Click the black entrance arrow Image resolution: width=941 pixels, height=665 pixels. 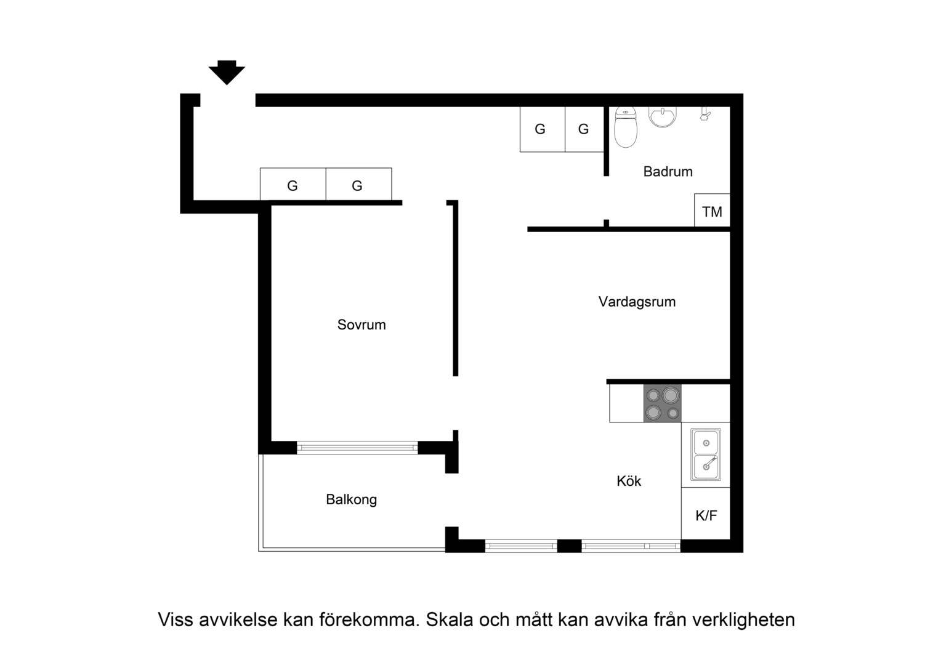pos(227,72)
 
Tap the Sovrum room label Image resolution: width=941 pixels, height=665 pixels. pos(361,324)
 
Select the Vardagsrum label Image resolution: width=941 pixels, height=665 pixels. pos(637,302)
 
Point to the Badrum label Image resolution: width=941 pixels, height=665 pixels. pos(668,171)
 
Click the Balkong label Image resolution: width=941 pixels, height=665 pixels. pos(351,499)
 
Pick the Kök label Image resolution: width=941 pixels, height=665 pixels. pos(629,480)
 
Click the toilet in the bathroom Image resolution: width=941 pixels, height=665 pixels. pos(626,127)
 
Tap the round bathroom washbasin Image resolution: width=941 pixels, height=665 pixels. pos(663,117)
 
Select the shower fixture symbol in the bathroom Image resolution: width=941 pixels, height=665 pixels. pos(705,115)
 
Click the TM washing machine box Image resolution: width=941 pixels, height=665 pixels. pos(712,210)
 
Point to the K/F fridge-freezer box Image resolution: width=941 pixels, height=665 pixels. pos(706,514)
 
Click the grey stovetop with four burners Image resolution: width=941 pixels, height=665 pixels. pos(663,404)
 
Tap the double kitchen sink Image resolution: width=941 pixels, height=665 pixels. pos(706,454)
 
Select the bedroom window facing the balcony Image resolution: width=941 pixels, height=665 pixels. pos(358,448)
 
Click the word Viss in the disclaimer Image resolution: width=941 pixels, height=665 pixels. pos(176,619)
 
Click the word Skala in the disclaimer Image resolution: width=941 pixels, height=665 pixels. pos(450,619)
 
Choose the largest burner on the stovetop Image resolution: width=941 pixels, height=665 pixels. pos(671,395)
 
